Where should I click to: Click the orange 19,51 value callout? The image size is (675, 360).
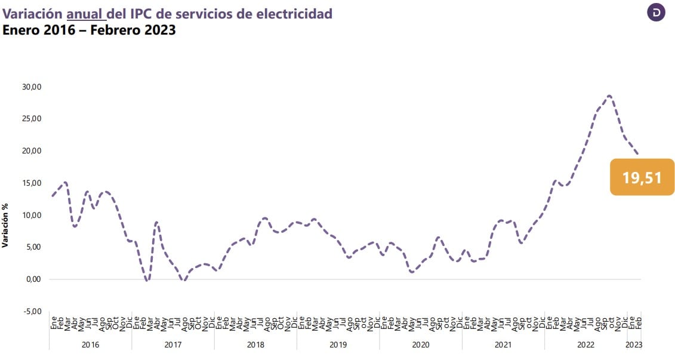(x=642, y=177)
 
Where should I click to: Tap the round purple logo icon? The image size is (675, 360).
(x=656, y=13)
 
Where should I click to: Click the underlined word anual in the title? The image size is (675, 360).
(x=86, y=14)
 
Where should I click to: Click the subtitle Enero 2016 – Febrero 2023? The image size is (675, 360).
(x=89, y=30)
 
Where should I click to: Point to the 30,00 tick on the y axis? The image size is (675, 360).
(x=32, y=87)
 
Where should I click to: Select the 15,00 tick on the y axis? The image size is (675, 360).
(x=32, y=183)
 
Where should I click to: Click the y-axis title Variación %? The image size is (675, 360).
(x=5, y=224)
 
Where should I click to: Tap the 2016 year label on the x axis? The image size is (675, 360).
(x=90, y=344)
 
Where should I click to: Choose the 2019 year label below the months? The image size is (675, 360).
(x=338, y=344)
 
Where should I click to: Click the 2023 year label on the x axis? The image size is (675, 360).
(x=634, y=344)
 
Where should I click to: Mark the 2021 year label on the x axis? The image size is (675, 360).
(x=503, y=344)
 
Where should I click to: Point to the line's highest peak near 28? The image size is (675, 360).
(x=609, y=96)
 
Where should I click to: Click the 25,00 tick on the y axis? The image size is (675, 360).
(x=32, y=118)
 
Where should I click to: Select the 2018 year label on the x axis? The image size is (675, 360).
(x=255, y=344)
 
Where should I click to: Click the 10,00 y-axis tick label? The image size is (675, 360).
(x=32, y=215)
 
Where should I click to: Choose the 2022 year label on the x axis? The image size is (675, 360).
(x=585, y=344)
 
